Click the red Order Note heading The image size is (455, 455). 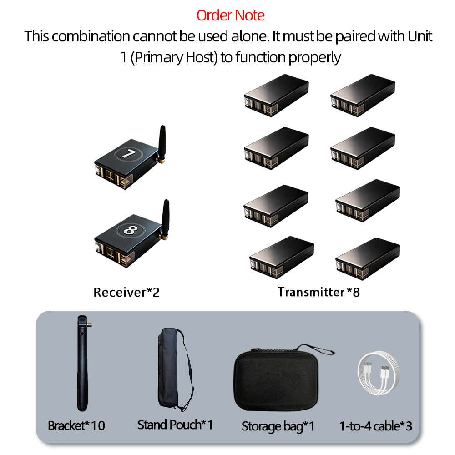click(230, 15)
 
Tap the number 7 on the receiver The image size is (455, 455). click(128, 153)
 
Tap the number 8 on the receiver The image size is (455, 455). click(130, 230)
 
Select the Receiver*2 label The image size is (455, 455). click(126, 292)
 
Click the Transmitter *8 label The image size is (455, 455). click(318, 292)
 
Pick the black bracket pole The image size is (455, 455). click(82, 363)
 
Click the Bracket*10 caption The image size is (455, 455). click(76, 426)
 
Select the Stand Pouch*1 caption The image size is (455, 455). click(175, 425)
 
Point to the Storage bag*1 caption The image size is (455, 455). click(278, 426)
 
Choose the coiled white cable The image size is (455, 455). click(379, 373)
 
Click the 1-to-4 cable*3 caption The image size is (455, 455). click(376, 426)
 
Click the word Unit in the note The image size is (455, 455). click(420, 36)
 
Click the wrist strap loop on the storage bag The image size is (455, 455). click(316, 349)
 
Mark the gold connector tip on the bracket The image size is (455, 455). click(90, 325)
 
